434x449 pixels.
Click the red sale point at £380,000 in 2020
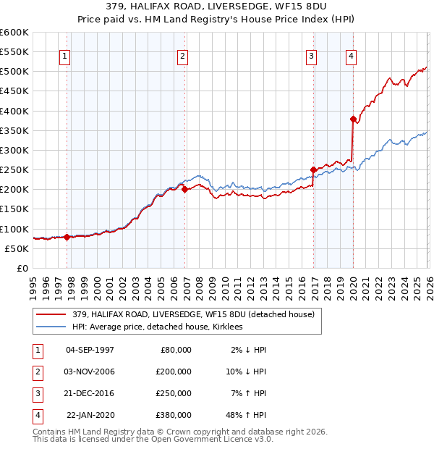point(353,119)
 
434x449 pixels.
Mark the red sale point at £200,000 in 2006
point(184,190)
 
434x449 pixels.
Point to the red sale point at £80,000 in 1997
point(67,237)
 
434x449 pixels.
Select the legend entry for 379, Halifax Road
point(193,314)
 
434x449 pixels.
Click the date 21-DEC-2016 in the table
point(90,393)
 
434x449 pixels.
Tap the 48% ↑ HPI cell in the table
point(245,414)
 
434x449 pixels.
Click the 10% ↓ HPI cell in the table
point(245,371)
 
